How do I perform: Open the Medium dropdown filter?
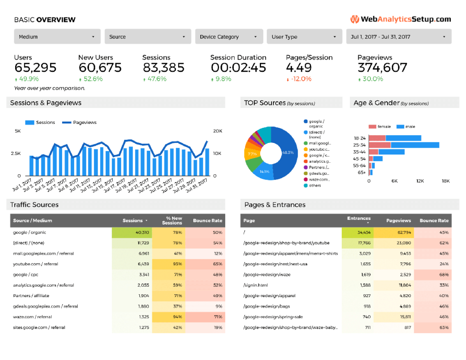click(57, 37)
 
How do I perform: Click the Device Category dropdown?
click(229, 37)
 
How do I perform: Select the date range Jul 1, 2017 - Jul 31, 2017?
click(398, 37)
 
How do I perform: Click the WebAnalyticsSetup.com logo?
click(401, 19)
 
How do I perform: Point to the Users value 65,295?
click(35, 68)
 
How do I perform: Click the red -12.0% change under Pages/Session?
click(300, 79)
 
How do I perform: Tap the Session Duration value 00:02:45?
click(238, 68)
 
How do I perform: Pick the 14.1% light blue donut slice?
click(264, 171)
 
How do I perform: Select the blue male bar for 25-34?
click(415, 145)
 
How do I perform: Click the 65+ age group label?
click(362, 172)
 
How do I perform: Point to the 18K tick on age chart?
click(446, 181)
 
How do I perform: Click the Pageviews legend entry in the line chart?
click(85, 123)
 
